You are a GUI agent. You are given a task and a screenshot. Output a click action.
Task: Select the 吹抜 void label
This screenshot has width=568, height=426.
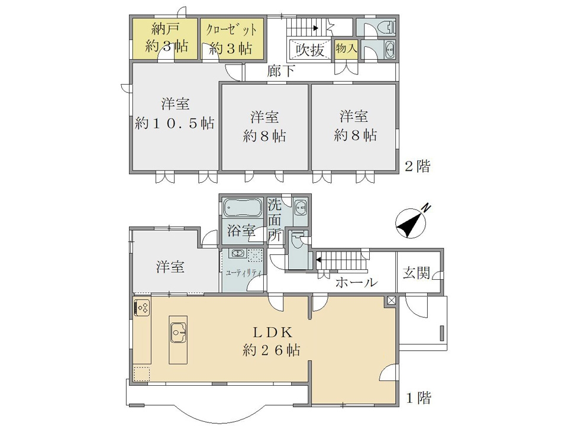[x=309, y=50]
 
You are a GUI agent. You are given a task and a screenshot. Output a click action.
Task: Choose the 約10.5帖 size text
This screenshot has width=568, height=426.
[x=175, y=124]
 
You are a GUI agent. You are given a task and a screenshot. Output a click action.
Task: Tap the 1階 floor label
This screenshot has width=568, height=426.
[x=418, y=398]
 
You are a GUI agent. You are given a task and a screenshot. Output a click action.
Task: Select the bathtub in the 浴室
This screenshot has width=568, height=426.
[x=243, y=208]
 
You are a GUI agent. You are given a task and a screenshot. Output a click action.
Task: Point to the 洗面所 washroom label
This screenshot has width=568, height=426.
[x=275, y=220]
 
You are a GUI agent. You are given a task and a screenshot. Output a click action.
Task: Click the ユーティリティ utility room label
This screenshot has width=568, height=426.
[x=243, y=273]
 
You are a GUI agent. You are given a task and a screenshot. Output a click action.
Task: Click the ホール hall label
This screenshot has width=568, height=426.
[x=356, y=282]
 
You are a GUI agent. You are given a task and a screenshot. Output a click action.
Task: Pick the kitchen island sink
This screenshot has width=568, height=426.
[x=179, y=332]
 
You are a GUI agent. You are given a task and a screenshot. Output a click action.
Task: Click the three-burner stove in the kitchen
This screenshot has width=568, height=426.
[x=142, y=307]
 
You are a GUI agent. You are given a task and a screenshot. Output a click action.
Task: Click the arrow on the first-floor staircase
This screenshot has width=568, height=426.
[x=318, y=259]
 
